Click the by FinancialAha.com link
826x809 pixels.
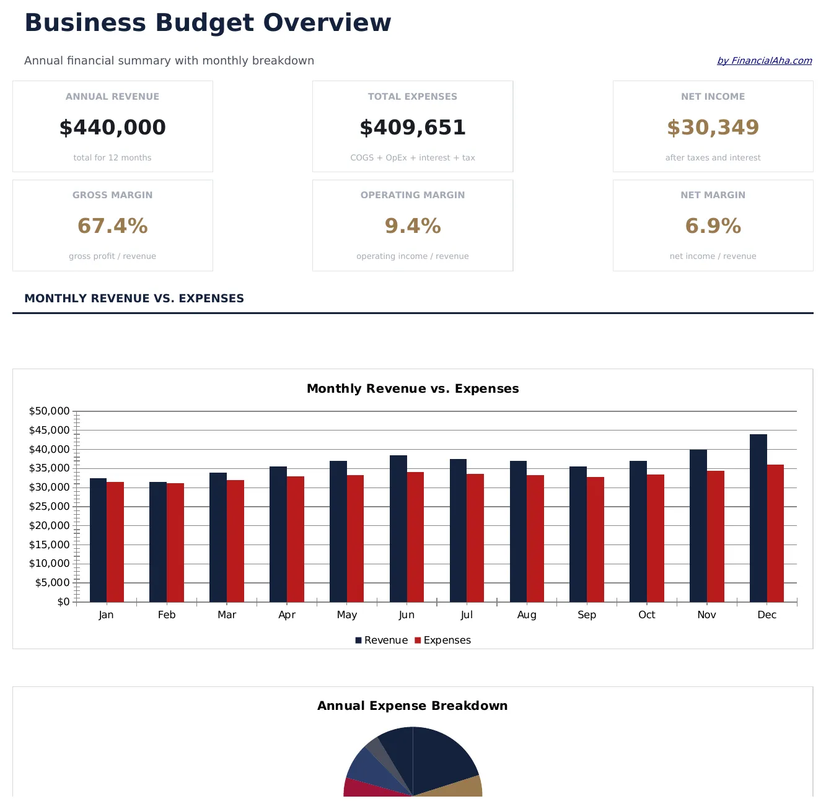coord(764,61)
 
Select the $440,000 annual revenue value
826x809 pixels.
coord(113,128)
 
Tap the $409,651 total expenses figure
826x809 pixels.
coord(413,128)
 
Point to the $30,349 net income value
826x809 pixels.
coord(713,128)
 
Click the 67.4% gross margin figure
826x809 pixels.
coord(113,226)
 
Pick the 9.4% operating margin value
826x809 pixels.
coord(413,226)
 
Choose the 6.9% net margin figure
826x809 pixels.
coord(713,226)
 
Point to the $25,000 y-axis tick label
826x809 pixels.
coord(49,507)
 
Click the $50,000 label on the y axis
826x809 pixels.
coord(49,411)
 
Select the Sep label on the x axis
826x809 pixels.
coord(586,615)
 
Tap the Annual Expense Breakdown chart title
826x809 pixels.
coord(412,706)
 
